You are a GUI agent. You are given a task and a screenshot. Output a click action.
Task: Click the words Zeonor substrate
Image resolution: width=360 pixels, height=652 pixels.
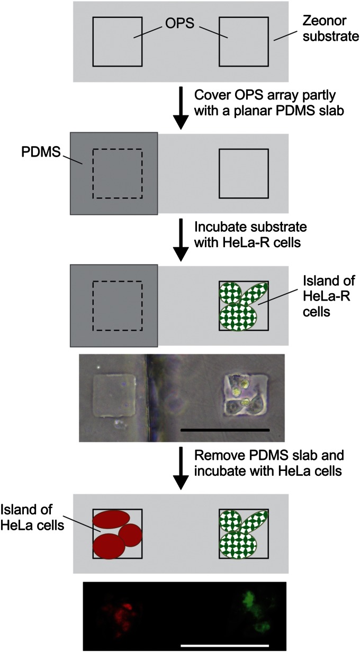tap(323, 30)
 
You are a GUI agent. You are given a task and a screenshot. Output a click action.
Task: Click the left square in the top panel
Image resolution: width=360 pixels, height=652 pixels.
tap(117, 42)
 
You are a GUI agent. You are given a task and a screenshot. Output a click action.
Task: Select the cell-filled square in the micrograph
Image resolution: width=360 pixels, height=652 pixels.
tap(242, 394)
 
